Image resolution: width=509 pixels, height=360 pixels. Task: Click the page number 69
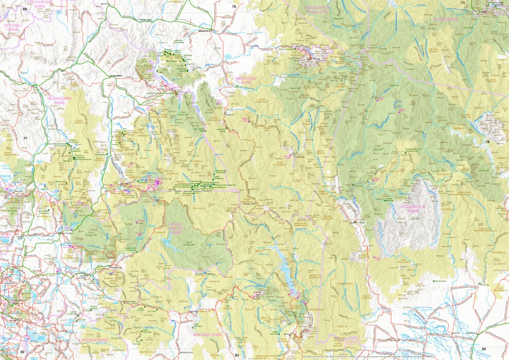pyautogui.click(x=24, y=9)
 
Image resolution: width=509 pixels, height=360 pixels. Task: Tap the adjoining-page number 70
pyautogui.click(x=234, y=7)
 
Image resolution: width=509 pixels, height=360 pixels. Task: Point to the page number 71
pyautogui.click(x=463, y=3)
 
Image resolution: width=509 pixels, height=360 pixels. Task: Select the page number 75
pyautogui.click(x=487, y=142)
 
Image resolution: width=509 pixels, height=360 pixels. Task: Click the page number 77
pyautogui.click(x=25, y=139)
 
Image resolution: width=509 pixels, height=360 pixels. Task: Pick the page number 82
pyautogui.click(x=22, y=351)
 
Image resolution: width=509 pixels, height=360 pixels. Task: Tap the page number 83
pyautogui.click(x=236, y=355)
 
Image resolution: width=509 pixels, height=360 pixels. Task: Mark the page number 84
pyautogui.click(x=484, y=349)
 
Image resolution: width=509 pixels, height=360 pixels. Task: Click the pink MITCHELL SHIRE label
pyautogui.click(x=12, y=27)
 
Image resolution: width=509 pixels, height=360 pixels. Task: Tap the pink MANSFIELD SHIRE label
pyautogui.click(x=246, y=80)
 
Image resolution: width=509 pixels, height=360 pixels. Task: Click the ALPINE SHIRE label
pyautogui.click(x=446, y=19)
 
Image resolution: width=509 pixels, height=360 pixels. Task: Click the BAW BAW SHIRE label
pyautogui.click(x=207, y=335)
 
